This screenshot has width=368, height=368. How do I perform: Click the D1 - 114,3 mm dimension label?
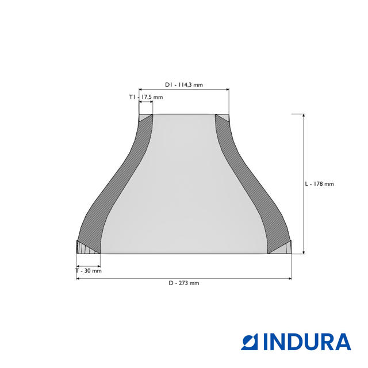184,85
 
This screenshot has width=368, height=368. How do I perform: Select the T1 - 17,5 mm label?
145,97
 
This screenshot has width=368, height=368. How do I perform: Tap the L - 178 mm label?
319,184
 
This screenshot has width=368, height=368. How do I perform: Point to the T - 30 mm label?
89,271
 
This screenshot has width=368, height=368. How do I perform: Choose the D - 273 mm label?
184,283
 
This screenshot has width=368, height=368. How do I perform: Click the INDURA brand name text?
307,342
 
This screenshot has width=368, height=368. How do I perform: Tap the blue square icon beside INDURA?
249,342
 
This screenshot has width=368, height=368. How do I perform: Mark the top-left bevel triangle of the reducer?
144,117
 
